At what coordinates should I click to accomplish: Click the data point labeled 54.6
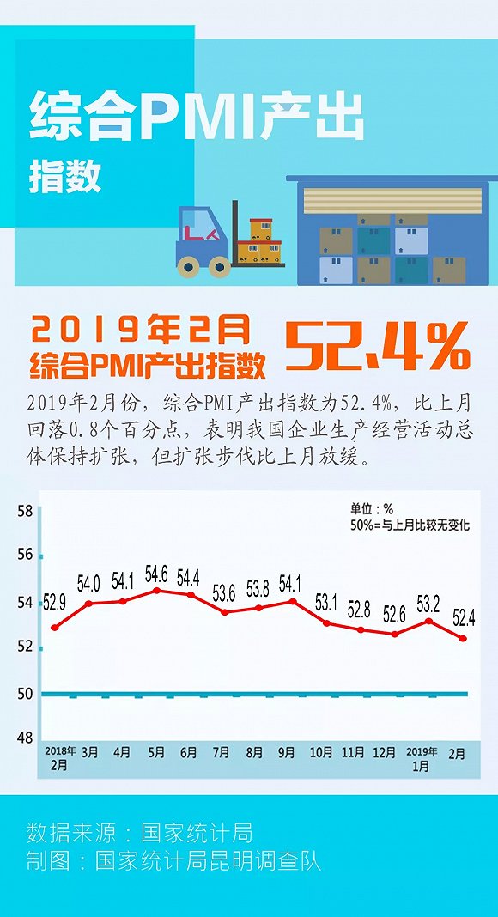pos(156,591)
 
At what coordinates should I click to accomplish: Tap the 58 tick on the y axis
pos(25,511)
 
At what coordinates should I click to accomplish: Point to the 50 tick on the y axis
pos(25,694)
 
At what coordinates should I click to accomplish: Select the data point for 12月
pos(395,634)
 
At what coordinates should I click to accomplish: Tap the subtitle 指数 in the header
pos(65,177)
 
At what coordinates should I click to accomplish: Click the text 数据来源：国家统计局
pos(140,832)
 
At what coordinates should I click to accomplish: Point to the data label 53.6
pos(224,594)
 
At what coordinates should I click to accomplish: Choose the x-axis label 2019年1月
pos(420,758)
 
